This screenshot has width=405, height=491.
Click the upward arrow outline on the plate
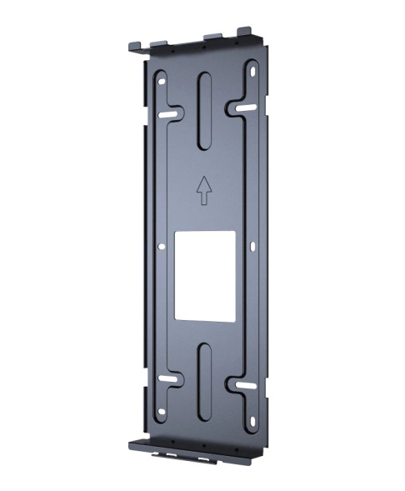point(202,189)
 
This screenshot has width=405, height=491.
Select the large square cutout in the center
point(203,275)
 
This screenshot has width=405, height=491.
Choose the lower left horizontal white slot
point(168,380)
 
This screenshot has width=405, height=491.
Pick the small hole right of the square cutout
point(249,245)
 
